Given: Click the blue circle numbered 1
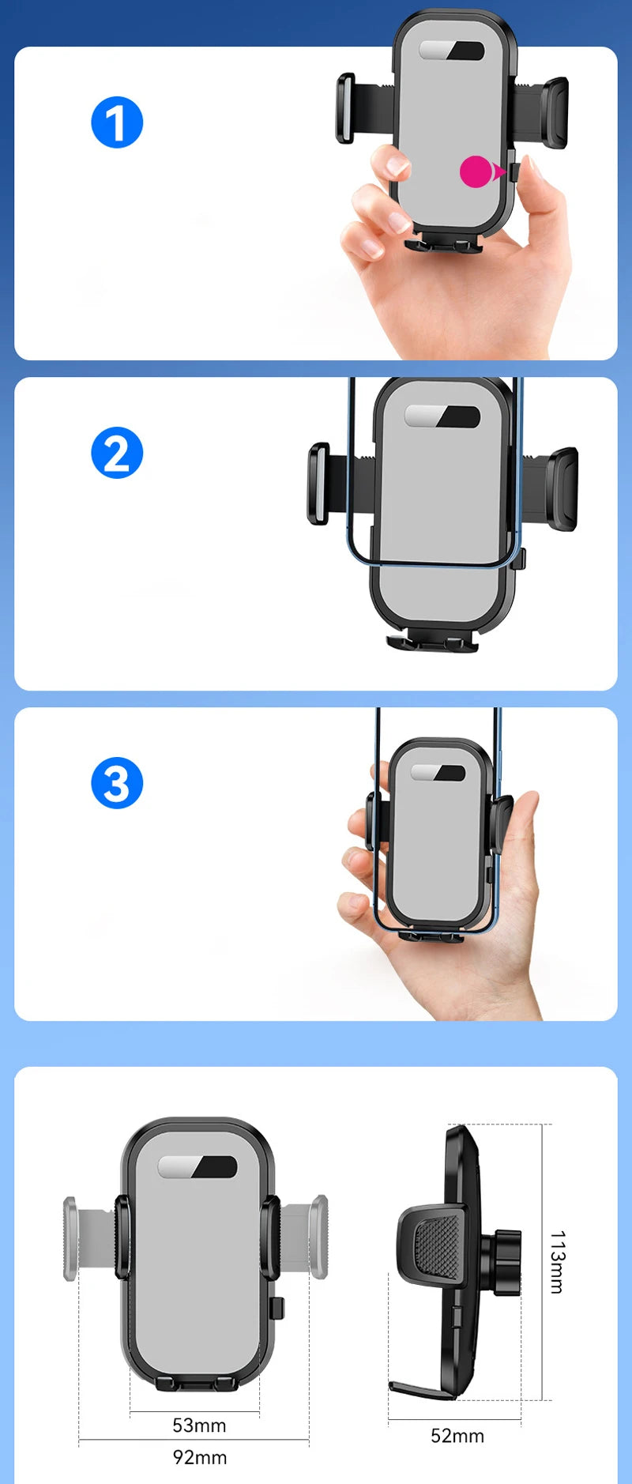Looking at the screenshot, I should click(x=117, y=122).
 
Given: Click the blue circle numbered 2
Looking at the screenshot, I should click(x=117, y=453).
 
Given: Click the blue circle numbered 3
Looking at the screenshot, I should click(x=117, y=783).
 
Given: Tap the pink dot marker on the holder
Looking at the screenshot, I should click(x=476, y=171).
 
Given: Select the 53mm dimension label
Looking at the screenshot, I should click(x=199, y=1425).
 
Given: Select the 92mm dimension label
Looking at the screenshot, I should click(x=199, y=1456).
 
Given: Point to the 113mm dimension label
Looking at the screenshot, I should click(x=557, y=1261).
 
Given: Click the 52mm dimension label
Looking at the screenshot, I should click(x=457, y=1435).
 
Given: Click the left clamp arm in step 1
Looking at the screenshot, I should click(x=346, y=109).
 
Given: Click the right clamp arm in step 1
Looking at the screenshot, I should click(x=553, y=113).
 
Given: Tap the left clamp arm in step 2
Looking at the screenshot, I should click(x=318, y=484).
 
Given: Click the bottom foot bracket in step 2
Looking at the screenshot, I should click(x=433, y=642).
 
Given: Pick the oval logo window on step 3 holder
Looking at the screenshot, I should click(x=438, y=773).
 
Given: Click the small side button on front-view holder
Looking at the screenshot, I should click(x=276, y=1308).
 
